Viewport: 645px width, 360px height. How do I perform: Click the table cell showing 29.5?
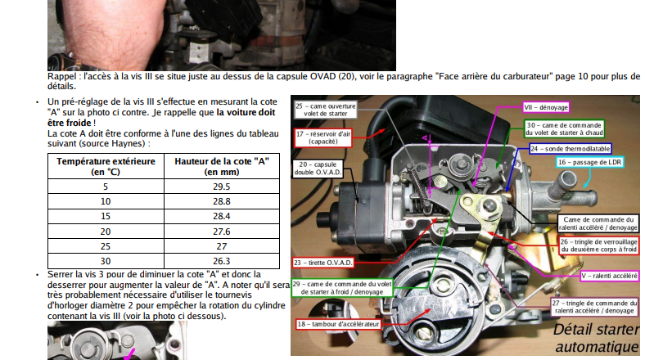tap(222, 187)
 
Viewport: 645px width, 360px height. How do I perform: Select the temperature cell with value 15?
tap(106, 216)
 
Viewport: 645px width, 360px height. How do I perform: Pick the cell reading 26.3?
tap(222, 261)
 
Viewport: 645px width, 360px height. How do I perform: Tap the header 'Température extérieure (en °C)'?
tap(106, 166)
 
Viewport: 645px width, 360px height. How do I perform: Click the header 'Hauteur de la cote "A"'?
tap(222, 166)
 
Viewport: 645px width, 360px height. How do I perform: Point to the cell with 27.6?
tap(222, 232)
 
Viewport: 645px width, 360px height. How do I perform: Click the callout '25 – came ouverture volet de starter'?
tap(326, 110)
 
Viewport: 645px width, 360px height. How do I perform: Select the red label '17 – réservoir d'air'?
tap(323, 137)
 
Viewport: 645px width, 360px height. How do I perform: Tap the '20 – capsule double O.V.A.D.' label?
tap(318, 168)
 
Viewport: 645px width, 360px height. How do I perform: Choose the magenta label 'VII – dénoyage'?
tap(546, 107)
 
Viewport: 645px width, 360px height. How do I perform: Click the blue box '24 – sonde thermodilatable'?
tap(571, 149)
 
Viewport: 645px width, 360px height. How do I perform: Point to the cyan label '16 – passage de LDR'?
tap(590, 162)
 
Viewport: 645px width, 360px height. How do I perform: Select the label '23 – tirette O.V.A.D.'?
tap(323, 263)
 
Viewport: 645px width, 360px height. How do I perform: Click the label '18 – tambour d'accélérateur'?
tap(338, 324)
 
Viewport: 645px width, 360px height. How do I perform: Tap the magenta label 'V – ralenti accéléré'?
tap(610, 276)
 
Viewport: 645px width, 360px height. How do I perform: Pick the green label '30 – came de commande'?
tap(565, 128)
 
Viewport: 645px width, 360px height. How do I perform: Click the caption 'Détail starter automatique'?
tap(597, 338)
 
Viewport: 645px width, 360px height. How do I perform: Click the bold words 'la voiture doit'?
tap(246, 112)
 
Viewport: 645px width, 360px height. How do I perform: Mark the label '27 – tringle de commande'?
tap(595, 307)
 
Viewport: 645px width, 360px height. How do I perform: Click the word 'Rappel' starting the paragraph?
tap(61, 76)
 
